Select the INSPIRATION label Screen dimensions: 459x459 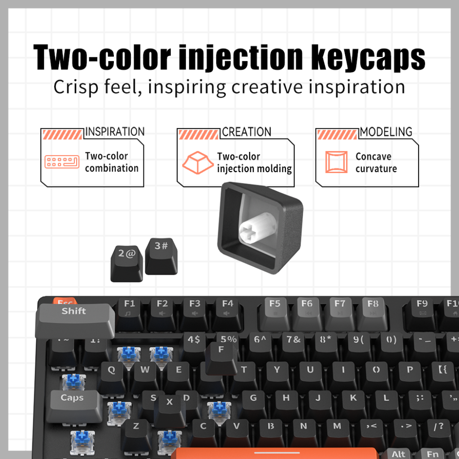pos(115,132)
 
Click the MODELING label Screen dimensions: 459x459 pos(386,132)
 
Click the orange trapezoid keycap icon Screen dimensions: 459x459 pos(198,162)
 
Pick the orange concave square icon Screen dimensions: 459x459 pos(336,162)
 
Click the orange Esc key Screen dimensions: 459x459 pos(65,302)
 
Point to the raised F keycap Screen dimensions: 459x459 pos(221,357)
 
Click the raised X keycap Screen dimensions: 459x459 pos(169,409)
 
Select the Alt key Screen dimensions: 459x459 pos(398,454)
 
